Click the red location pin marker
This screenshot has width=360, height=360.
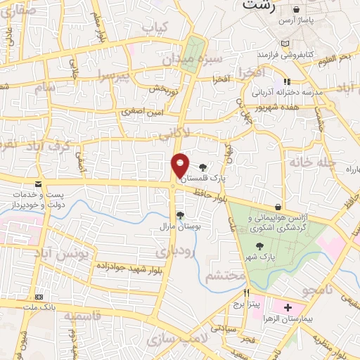click(181, 166)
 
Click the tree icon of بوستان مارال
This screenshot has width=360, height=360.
click(180, 215)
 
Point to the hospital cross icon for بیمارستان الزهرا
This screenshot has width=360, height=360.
click(287, 308)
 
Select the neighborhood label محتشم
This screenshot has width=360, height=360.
click(226, 276)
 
